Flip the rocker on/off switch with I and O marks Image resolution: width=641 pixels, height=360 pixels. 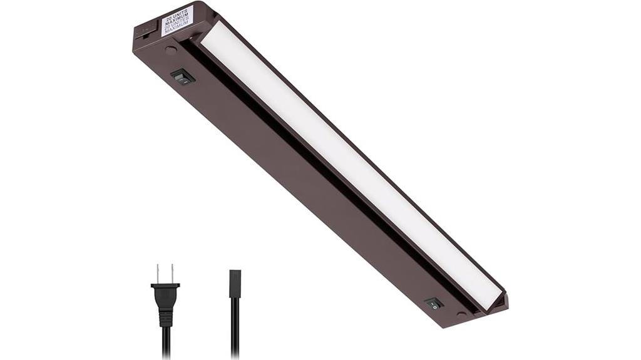[x=433, y=303]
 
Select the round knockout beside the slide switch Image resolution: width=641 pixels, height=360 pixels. [x=170, y=51]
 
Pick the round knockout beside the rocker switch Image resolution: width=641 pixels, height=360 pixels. [x=461, y=314]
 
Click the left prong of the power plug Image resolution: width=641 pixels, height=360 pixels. [x=159, y=274]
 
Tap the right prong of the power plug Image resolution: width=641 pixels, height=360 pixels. [x=171, y=274]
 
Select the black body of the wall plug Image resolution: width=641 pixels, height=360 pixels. [x=165, y=296]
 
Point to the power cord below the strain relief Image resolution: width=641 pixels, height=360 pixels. [x=166, y=344]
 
